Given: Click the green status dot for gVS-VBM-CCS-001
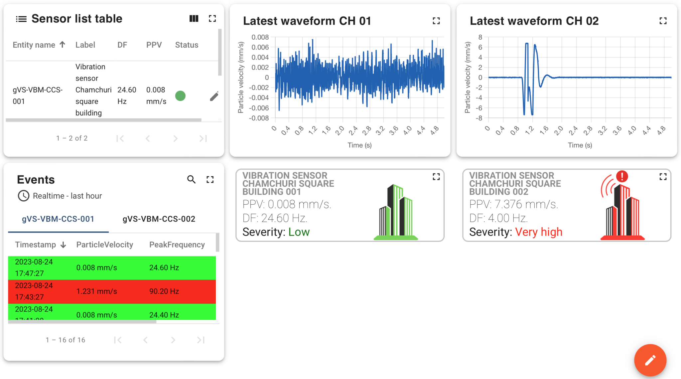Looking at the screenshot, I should [x=180, y=96].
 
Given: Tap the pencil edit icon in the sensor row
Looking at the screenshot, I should [x=214, y=96].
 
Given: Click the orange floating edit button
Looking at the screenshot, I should [x=650, y=360].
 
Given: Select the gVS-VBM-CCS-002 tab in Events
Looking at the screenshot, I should [x=159, y=219].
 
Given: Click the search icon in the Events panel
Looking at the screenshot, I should [x=191, y=180].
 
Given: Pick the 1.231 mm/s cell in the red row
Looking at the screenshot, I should [x=96, y=291].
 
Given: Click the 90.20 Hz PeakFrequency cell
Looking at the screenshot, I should [x=164, y=291].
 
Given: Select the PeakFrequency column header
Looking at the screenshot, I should [x=177, y=245].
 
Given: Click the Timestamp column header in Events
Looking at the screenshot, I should [x=36, y=245].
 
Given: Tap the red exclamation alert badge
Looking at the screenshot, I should [x=622, y=176].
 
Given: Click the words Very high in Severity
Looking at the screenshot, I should [x=539, y=232].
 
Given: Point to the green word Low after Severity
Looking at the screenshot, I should [x=299, y=232].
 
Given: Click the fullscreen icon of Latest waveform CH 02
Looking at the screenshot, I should [x=663, y=21].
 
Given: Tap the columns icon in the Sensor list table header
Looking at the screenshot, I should [x=194, y=19].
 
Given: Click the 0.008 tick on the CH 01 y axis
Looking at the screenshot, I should [x=260, y=37].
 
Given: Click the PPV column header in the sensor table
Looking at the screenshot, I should [x=154, y=45].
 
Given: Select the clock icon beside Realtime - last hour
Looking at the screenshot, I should [x=23, y=196].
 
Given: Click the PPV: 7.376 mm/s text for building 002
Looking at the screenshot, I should [x=513, y=204].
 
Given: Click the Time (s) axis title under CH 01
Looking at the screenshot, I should [x=359, y=145].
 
